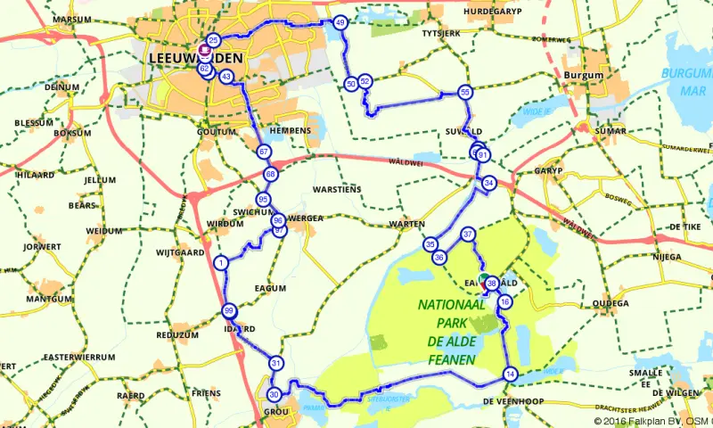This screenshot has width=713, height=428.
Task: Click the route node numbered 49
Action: pos(340,22)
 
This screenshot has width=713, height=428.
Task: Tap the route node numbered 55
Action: pos(464,92)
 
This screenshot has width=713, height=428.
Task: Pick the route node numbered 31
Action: pos(276,363)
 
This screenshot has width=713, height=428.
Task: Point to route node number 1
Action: pos(220,262)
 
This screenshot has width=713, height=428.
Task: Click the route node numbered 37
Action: pos(468,235)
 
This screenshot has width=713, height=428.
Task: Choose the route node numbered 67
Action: pos(264,152)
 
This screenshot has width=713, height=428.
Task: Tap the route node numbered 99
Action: pos(229,310)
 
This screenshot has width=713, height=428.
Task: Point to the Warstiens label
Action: pos(338,189)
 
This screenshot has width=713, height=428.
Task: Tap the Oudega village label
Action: pos(611,302)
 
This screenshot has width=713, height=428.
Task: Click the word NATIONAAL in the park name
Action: pos(452,305)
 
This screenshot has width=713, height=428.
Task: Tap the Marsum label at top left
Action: pos(72,19)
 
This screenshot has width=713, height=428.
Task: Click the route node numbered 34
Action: pos(488,183)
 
